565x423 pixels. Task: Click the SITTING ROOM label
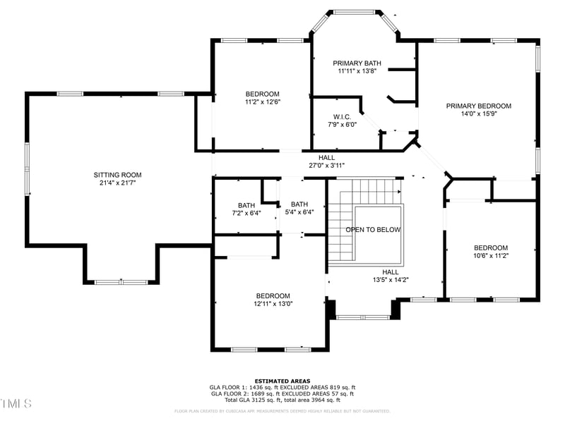118,175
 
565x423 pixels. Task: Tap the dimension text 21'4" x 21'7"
118,183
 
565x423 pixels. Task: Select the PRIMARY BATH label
357,63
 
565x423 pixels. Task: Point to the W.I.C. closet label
343,116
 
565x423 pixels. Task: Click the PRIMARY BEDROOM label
478,106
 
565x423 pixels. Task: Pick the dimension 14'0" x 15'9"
478,114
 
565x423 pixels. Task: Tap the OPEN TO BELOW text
373,230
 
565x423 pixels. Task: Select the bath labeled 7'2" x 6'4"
246,209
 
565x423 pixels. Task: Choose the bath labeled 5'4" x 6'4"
299,208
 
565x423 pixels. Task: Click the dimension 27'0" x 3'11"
326,166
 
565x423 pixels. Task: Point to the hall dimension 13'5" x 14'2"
391,280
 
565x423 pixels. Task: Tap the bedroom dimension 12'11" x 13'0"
273,304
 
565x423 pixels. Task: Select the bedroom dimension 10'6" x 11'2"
491,256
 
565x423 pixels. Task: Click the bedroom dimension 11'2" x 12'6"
262,102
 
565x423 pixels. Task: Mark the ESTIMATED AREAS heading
282,381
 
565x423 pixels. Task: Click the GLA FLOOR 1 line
282,387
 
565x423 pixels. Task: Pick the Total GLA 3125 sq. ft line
282,400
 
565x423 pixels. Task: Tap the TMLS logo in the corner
16,403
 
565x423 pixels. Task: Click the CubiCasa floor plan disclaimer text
282,411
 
